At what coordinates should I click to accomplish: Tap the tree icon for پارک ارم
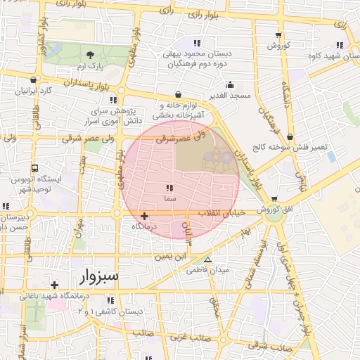pos(89,55)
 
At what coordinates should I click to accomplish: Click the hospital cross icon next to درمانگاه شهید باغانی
pos(54,285)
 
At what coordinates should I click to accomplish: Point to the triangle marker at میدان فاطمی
pos(207,259)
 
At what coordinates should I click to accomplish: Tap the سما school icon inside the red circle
pos(169,188)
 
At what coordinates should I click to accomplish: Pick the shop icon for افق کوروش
pos(274,199)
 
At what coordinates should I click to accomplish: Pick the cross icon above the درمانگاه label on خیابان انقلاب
pos(145,216)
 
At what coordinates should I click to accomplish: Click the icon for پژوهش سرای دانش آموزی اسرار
pos(114,101)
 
